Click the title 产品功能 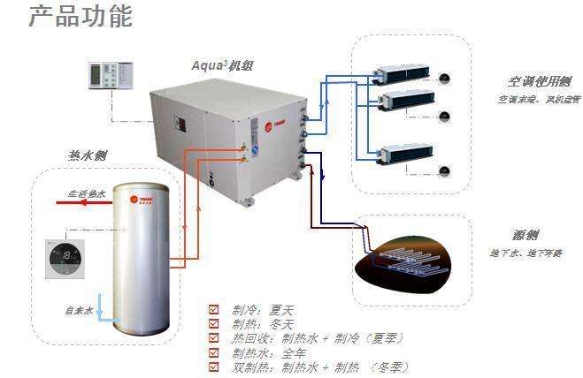[81, 17]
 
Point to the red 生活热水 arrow [80, 202]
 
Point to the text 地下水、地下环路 [525, 253]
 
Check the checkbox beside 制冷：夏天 [213, 309]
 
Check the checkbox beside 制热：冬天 [213, 323]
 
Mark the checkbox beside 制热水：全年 [213, 352]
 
